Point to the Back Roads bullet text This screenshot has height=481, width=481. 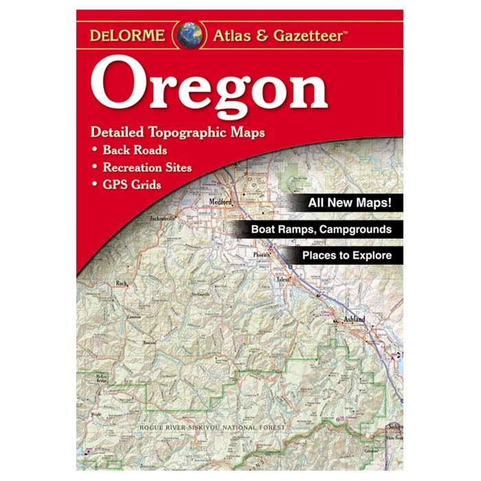135,150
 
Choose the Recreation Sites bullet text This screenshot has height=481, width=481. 147,167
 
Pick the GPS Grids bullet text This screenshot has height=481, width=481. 132,184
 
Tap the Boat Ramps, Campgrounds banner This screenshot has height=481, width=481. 322,230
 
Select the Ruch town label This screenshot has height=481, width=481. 122,282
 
